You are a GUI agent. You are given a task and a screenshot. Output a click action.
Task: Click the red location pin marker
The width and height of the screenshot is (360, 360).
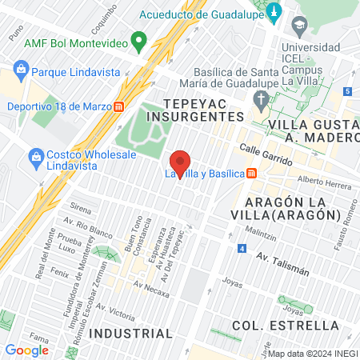pos(181,163)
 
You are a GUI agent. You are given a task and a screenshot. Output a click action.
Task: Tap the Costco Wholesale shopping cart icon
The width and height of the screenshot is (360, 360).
pos(34,154)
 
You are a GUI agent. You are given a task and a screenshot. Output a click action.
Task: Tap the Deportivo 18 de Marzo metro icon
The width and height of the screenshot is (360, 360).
pos(118,106)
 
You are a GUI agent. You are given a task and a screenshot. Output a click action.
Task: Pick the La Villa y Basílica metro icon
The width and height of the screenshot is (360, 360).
pos(251,173)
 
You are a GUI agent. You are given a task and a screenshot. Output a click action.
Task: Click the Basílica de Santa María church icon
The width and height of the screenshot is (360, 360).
pos(260,100)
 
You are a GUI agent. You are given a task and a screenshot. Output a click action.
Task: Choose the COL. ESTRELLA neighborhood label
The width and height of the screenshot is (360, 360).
pos(286,325)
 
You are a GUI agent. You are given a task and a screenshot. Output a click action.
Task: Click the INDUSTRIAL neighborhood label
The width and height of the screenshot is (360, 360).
pos(130,333)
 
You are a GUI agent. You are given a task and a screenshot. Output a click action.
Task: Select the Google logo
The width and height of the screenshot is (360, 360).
pos(26,350)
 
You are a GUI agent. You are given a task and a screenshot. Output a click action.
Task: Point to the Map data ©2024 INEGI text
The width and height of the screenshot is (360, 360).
pos(311,354)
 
